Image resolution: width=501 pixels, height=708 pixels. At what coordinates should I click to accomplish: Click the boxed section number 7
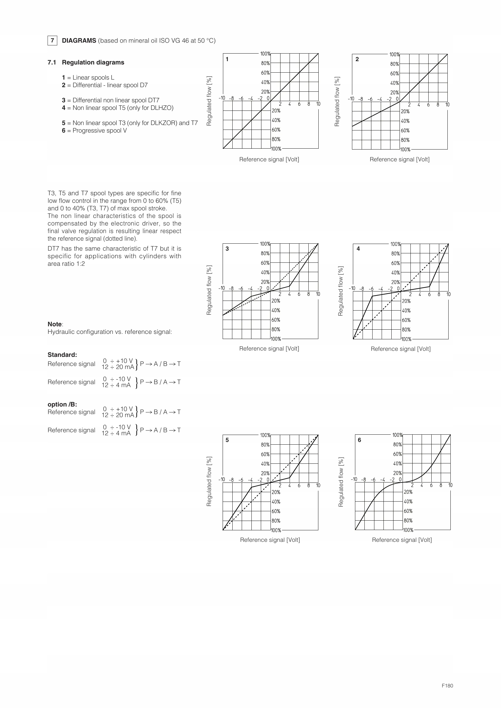[52, 40]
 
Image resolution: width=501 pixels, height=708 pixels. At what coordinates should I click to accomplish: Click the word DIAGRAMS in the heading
[79, 41]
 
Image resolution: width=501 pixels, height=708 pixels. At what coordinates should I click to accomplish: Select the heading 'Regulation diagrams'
[93, 62]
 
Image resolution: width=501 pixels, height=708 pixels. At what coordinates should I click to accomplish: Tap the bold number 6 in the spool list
[64, 130]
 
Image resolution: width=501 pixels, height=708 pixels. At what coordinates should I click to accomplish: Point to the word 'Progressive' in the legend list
[87, 130]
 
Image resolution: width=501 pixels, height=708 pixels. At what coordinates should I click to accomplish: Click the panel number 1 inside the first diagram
[227, 59]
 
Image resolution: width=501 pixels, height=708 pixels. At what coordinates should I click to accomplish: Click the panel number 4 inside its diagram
[358, 249]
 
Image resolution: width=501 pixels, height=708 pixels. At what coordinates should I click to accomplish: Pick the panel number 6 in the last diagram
[360, 440]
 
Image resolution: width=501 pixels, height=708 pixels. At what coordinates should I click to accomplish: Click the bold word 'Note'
[55, 324]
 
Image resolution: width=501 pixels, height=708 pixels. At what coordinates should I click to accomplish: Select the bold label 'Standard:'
[62, 355]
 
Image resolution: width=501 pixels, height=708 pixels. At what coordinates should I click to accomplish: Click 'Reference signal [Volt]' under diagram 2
[400, 160]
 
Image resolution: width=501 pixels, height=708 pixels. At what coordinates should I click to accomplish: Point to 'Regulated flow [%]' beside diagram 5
[209, 482]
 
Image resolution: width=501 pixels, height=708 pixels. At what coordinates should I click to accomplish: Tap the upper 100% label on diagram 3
[265, 244]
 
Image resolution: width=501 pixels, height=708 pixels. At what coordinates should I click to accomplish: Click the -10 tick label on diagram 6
[354, 479]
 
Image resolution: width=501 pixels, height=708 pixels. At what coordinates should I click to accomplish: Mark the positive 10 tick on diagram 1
[318, 104]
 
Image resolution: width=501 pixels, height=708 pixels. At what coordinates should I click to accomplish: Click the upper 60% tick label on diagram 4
[396, 263]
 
